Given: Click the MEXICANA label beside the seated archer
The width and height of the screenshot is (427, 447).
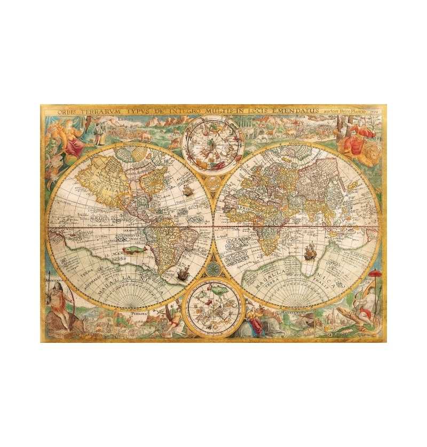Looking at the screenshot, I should click(55, 279).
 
